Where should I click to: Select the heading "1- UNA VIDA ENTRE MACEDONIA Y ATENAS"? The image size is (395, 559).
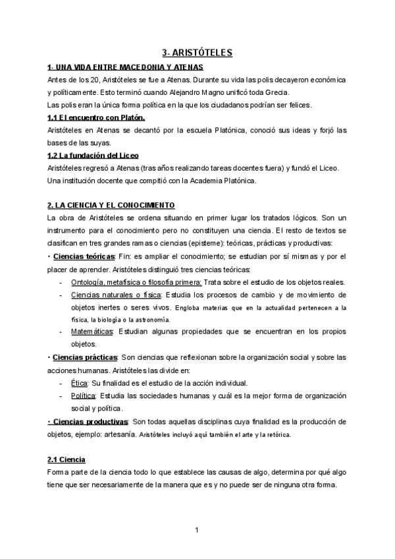pyautogui.click(x=125, y=67)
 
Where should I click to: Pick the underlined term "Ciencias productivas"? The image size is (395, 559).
pyautogui.click(x=90, y=421)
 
